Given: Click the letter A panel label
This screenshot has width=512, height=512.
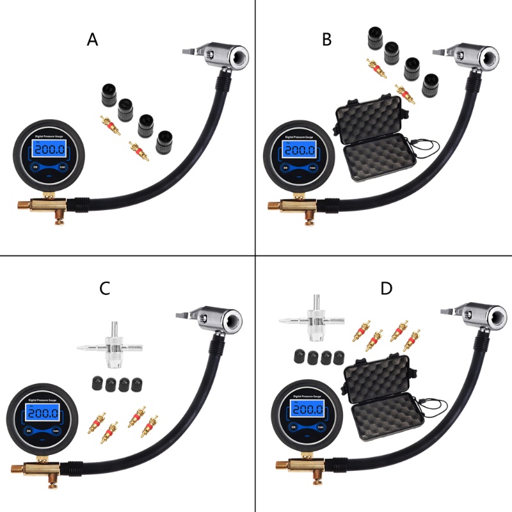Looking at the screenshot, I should click(93, 40).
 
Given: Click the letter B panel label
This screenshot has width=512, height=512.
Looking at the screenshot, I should click(327, 40).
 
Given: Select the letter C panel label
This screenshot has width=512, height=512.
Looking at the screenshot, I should click(105, 289).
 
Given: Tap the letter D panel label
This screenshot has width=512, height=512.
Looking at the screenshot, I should click(386, 289).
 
